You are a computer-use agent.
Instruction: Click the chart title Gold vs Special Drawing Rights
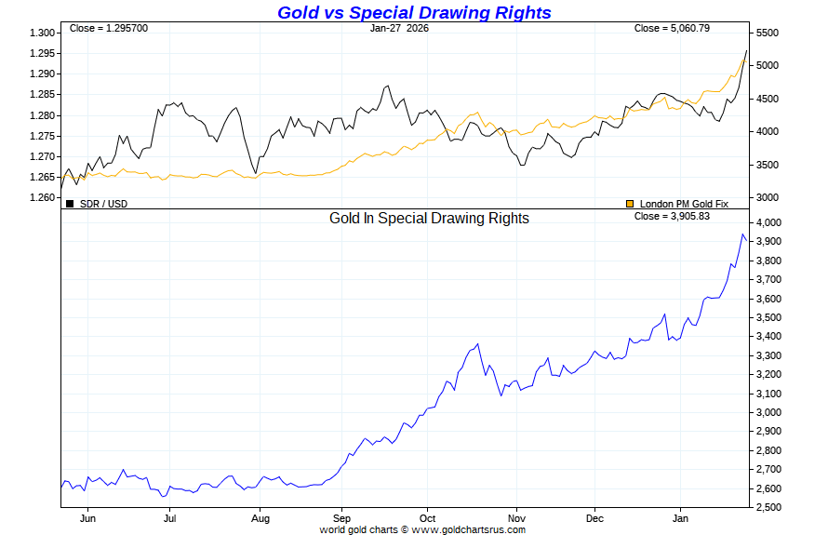tap(414, 12)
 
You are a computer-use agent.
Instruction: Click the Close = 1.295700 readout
tap(108, 28)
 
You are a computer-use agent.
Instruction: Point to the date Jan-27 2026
tap(399, 28)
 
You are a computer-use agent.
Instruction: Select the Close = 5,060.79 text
tap(672, 28)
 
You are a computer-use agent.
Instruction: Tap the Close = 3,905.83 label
tap(672, 216)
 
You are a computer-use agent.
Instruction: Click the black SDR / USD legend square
tap(70, 203)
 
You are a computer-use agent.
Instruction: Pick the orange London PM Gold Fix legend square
tap(630, 203)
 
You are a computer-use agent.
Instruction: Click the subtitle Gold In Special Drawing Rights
tap(429, 219)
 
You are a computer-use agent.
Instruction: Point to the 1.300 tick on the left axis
tap(43, 33)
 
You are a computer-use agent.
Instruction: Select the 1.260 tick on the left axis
tap(43, 197)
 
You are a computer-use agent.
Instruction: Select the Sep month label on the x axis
tap(341, 519)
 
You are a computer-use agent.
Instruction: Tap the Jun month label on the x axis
tap(88, 519)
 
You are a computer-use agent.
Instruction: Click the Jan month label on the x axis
tap(682, 519)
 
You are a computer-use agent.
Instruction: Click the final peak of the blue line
tap(742, 234)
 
